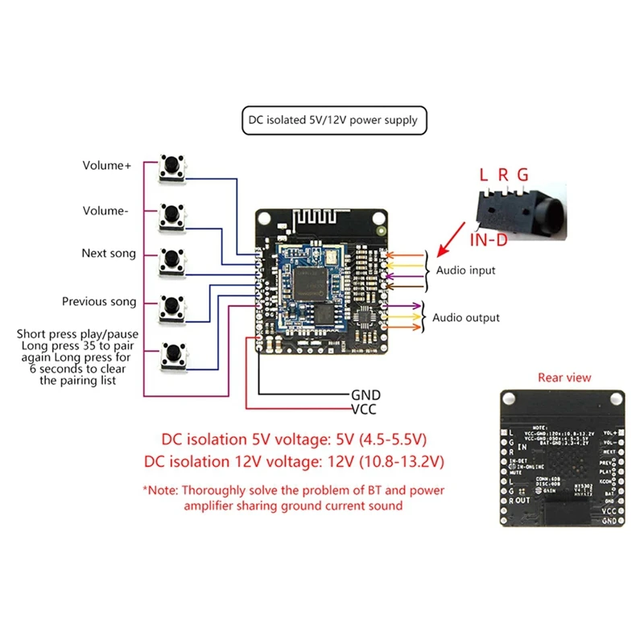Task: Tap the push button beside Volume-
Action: point(171,214)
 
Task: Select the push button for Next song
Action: point(171,259)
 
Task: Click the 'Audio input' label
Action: point(466,270)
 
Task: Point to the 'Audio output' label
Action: point(466,317)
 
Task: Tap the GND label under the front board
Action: point(365,395)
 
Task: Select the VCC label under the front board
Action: point(365,408)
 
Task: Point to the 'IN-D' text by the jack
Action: point(488,240)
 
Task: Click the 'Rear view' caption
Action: point(563,377)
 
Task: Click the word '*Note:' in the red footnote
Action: point(160,489)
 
